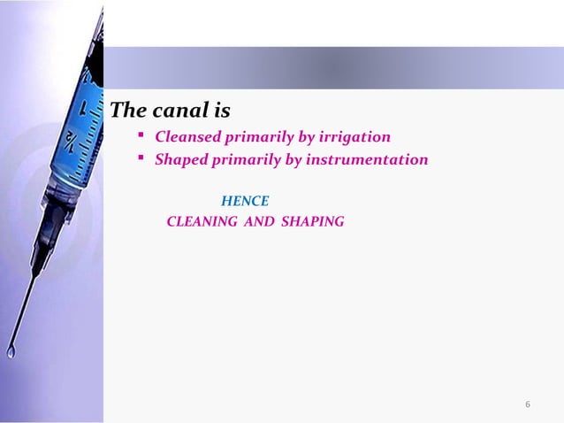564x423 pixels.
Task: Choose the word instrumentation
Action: point(374,160)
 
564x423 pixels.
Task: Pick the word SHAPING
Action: point(312,221)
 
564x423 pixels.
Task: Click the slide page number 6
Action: point(528,405)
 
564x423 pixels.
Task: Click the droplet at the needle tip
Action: point(11,351)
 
